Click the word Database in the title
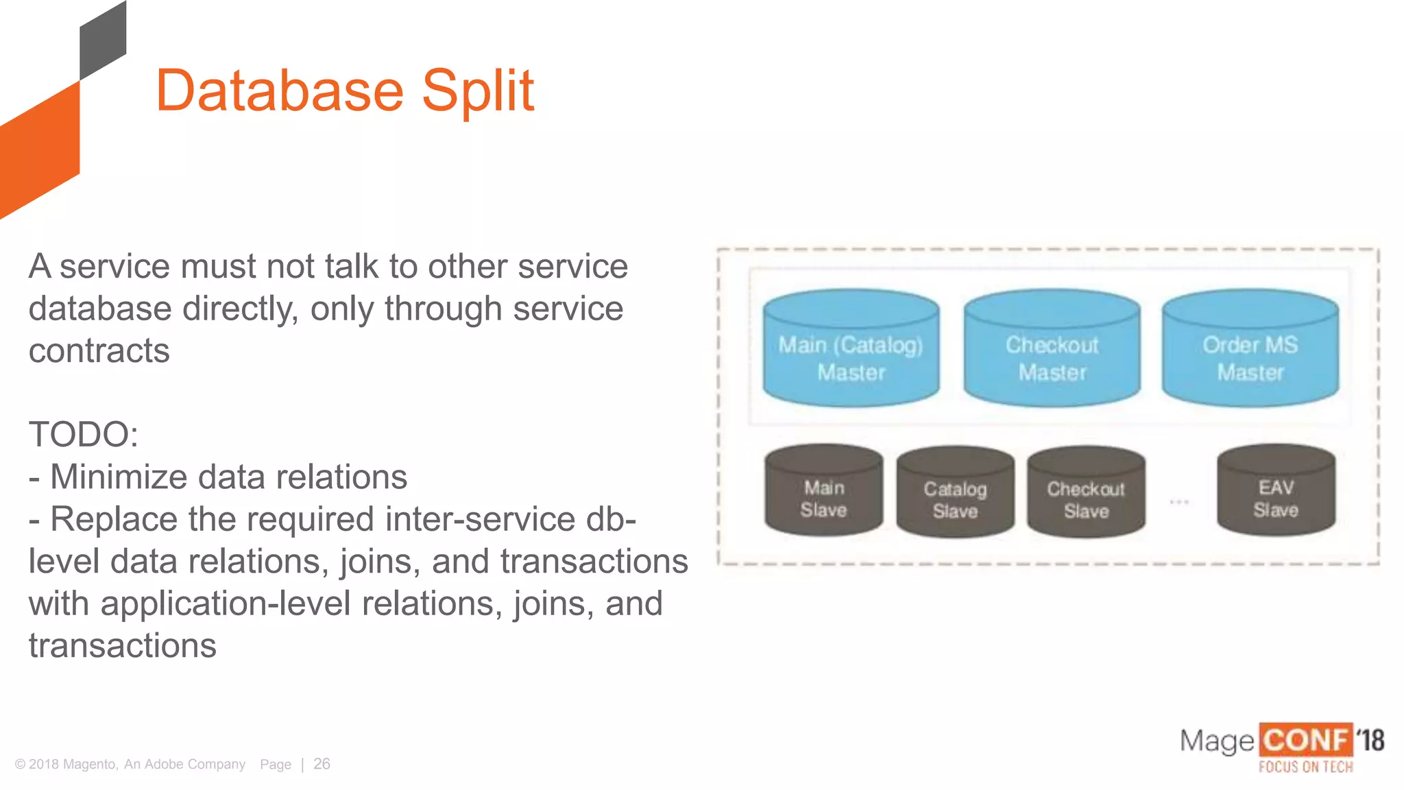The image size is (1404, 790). [x=280, y=91]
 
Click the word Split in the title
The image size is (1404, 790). [x=477, y=91]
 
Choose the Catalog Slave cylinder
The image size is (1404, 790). [x=955, y=494]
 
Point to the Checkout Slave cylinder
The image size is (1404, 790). [x=1086, y=494]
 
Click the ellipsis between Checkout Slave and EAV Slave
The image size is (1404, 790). [x=1179, y=502]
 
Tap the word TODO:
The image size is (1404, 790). [x=84, y=435]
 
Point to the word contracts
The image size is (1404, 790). [x=99, y=351]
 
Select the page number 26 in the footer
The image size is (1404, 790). [x=322, y=764]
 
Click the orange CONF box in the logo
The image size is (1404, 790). [x=1305, y=741]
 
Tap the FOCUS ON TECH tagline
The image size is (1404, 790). [x=1305, y=767]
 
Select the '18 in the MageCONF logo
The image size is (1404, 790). [x=1370, y=741]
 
